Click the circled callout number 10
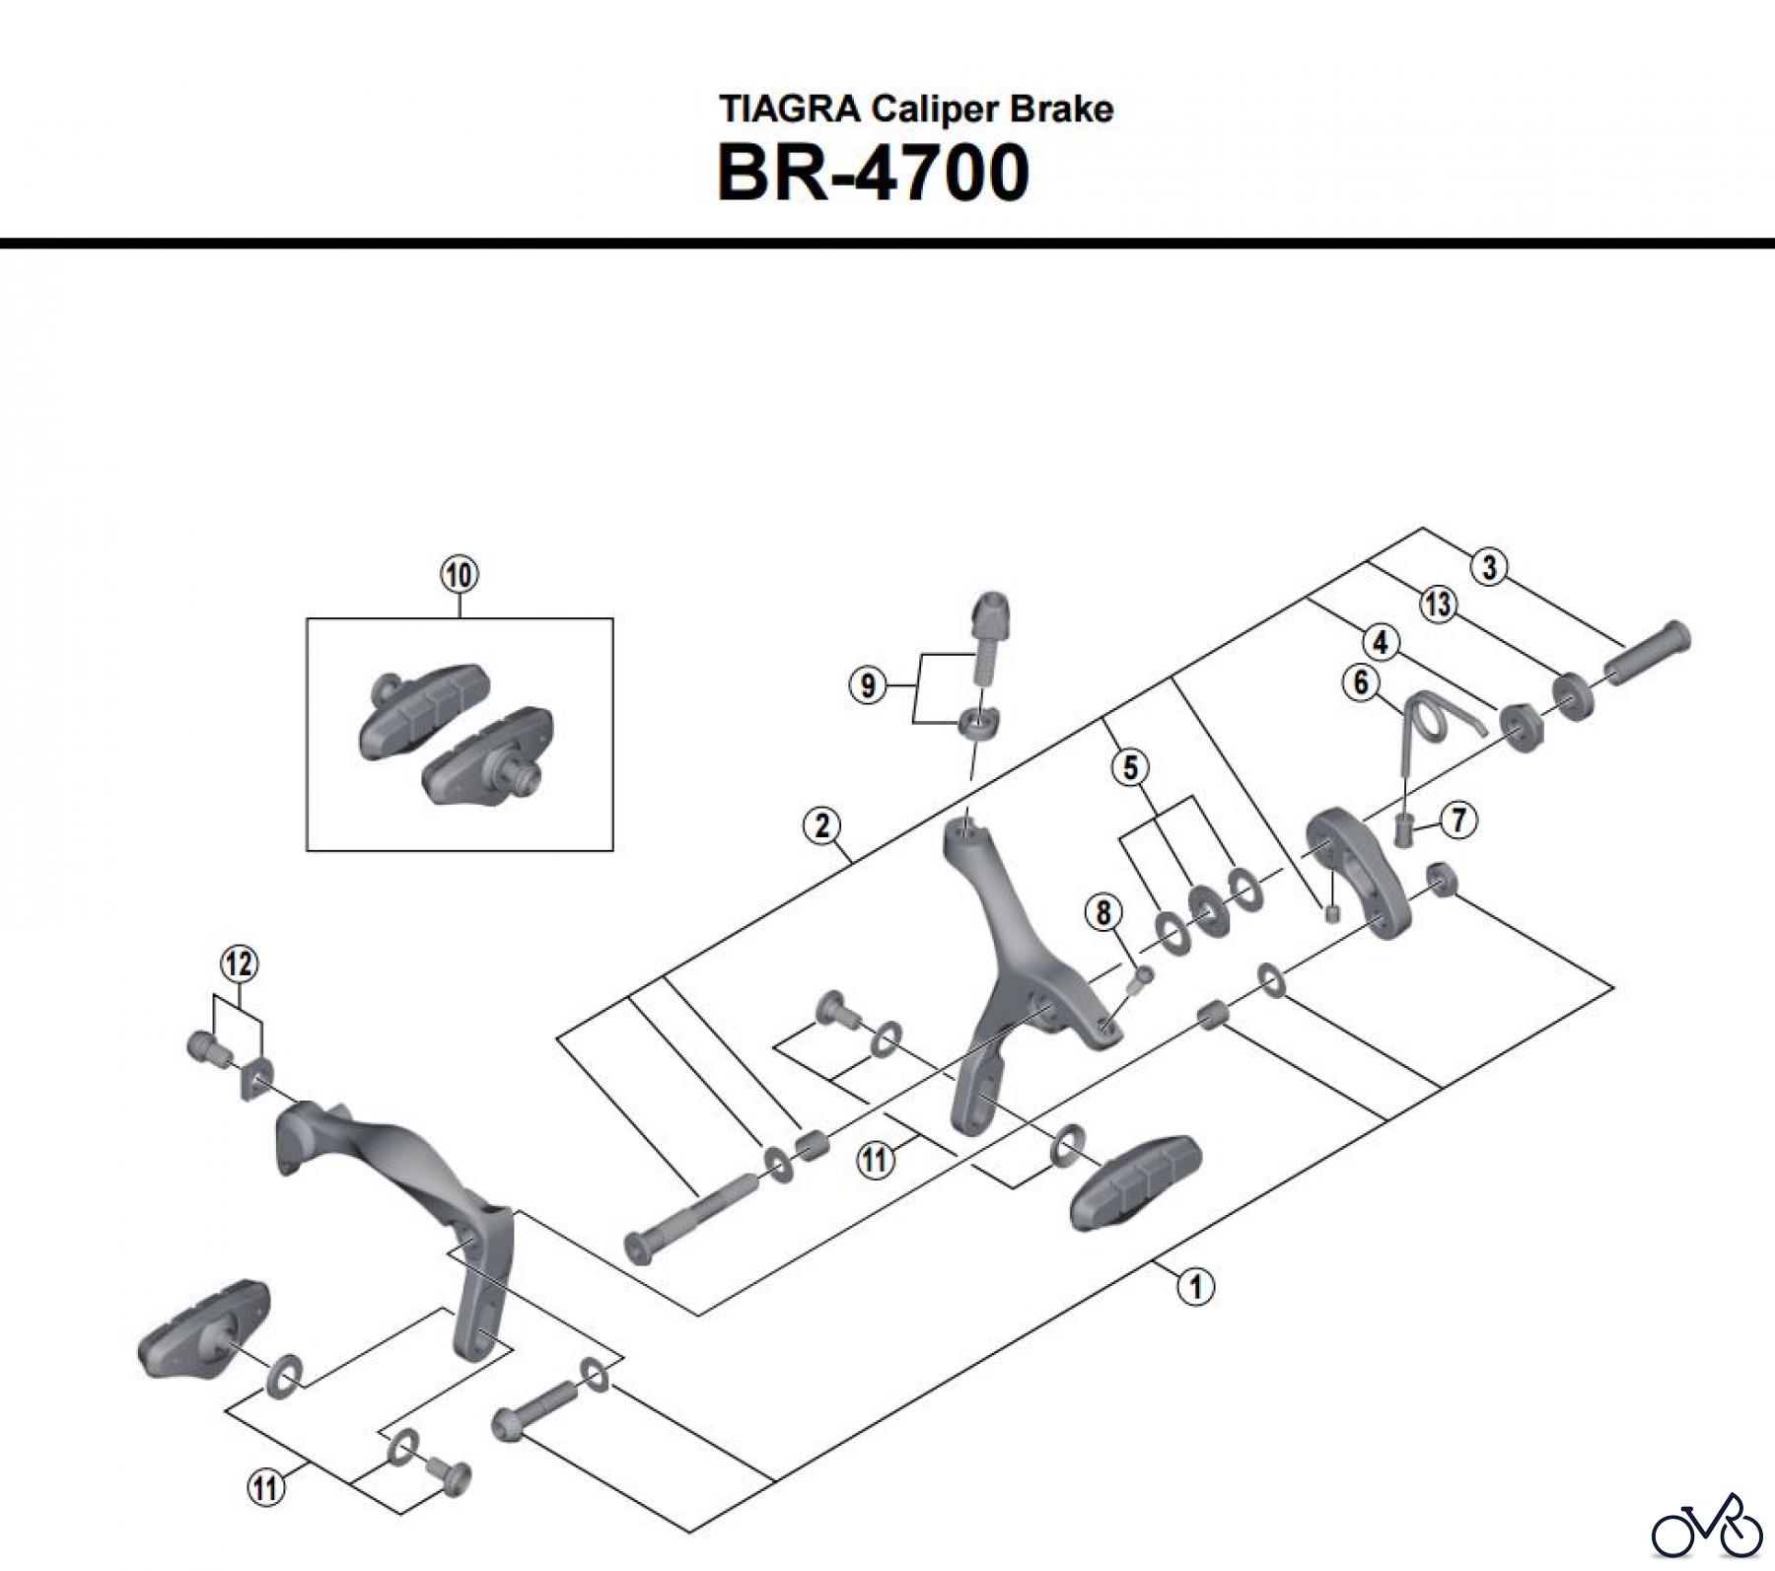pyautogui.click(x=460, y=574)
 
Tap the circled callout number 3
pyautogui.click(x=1489, y=567)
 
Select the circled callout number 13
pyautogui.click(x=1438, y=604)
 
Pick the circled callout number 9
pyautogui.click(x=868, y=684)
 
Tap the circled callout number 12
pyautogui.click(x=239, y=964)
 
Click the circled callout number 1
pyautogui.click(x=1196, y=1286)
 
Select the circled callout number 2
pyautogui.click(x=822, y=824)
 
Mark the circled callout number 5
pyautogui.click(x=1130, y=766)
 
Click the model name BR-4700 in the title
pyautogui.click(x=873, y=174)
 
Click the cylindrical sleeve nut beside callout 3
pyautogui.click(x=1647, y=653)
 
